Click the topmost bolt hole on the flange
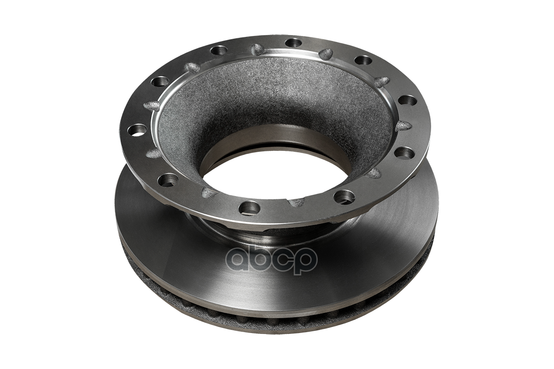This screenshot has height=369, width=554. (x=293, y=43)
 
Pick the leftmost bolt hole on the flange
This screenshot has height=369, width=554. (x=136, y=130)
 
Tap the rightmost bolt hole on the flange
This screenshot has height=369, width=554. (x=408, y=101)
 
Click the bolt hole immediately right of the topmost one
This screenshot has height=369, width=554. (x=363, y=60)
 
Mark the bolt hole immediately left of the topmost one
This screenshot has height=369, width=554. (x=219, y=50)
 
